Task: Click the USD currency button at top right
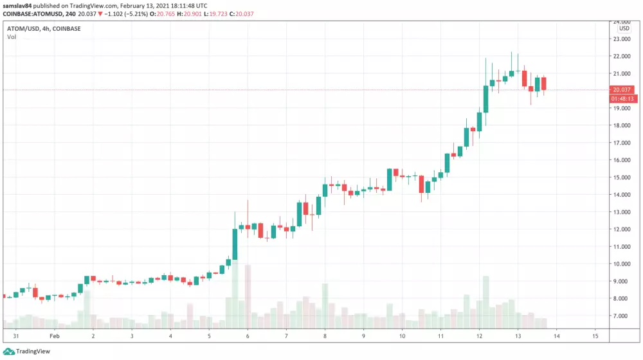624,28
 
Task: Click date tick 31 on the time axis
15,336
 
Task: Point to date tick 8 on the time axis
325,336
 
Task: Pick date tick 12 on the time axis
480,336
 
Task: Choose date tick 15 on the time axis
595,336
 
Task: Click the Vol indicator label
12,37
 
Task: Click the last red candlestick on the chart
544,84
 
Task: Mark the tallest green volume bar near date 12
486,302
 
